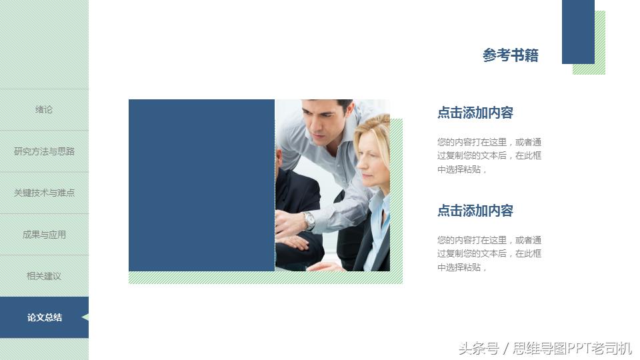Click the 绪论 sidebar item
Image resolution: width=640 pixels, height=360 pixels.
tap(44, 110)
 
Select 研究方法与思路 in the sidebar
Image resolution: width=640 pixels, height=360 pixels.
tap(44, 151)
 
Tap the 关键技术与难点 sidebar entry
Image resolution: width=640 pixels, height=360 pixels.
tap(44, 193)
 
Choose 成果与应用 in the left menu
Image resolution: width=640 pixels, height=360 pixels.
tap(44, 235)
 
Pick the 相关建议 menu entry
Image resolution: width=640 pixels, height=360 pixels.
tap(44, 276)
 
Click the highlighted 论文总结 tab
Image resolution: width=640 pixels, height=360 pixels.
tap(44, 317)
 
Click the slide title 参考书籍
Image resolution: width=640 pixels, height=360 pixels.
tap(510, 55)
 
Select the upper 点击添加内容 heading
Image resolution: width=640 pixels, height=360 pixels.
tap(475, 113)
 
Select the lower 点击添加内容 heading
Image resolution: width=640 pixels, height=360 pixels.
tap(475, 211)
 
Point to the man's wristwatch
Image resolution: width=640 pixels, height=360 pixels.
tap(308, 219)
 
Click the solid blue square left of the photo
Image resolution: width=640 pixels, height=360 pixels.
tap(201, 185)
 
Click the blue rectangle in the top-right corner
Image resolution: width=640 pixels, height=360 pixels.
tap(577, 31)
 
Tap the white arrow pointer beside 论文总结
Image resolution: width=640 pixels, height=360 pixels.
tap(85, 317)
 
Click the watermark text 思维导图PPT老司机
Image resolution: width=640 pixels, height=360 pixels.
tap(572, 348)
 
